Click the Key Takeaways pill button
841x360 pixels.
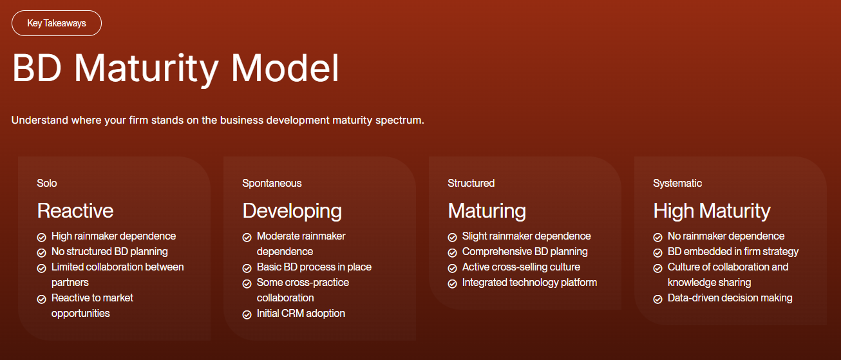tap(57, 23)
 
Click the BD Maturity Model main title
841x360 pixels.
tap(176, 69)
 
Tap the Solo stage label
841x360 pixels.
tap(47, 183)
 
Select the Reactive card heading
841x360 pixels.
tap(75, 211)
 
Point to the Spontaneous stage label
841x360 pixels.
tap(272, 183)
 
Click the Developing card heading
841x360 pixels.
tap(292, 211)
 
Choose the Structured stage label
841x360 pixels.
tap(471, 183)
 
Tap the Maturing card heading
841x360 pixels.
tap(487, 211)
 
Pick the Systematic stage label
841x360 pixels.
tap(677, 183)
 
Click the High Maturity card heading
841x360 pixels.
tap(712, 211)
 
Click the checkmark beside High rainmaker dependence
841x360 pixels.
tap(41, 237)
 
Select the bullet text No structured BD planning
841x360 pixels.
tap(109, 252)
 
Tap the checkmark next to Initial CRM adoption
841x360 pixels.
tap(247, 314)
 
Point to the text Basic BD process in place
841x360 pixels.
tap(314, 267)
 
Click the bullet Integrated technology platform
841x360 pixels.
tap(529, 283)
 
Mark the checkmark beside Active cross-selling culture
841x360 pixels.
tap(452, 269)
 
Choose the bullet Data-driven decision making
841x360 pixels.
tap(730, 298)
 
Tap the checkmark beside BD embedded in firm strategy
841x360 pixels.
tap(657, 253)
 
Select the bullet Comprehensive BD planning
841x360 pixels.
tap(525, 252)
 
